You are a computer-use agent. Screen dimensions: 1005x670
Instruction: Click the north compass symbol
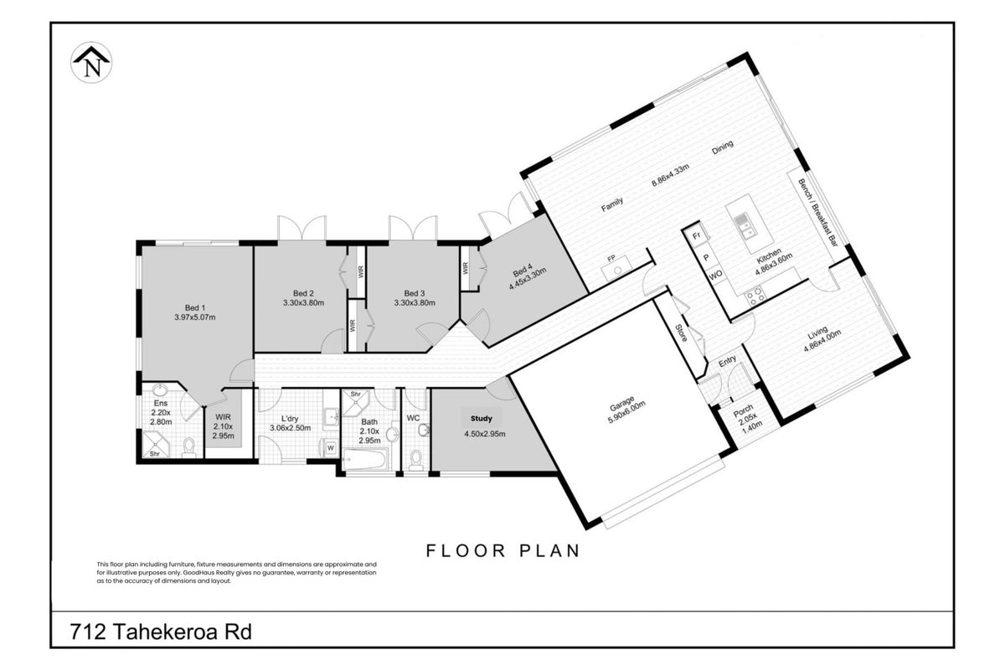click(91, 62)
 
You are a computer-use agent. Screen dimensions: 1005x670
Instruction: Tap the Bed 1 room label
click(195, 308)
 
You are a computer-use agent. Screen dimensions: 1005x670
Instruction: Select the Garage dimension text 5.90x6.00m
click(626, 412)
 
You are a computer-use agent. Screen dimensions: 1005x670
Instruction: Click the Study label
click(482, 419)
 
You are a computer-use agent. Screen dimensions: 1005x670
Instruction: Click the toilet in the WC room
click(416, 460)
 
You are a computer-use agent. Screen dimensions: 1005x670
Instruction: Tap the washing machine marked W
click(331, 447)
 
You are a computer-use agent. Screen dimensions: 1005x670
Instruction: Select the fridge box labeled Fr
click(696, 235)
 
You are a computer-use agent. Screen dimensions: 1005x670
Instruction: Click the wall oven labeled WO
click(716, 275)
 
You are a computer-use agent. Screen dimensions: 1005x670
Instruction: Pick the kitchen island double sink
click(744, 226)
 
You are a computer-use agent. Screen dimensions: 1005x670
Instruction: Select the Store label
click(681, 332)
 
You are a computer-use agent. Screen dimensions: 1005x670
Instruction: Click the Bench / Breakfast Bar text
click(817, 213)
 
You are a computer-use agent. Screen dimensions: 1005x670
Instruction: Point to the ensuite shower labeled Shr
click(156, 445)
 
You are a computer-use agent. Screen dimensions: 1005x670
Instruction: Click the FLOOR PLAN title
click(503, 550)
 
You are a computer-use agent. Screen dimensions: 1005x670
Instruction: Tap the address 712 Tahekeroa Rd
click(161, 631)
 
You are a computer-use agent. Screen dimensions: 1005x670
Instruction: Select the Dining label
click(722, 147)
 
